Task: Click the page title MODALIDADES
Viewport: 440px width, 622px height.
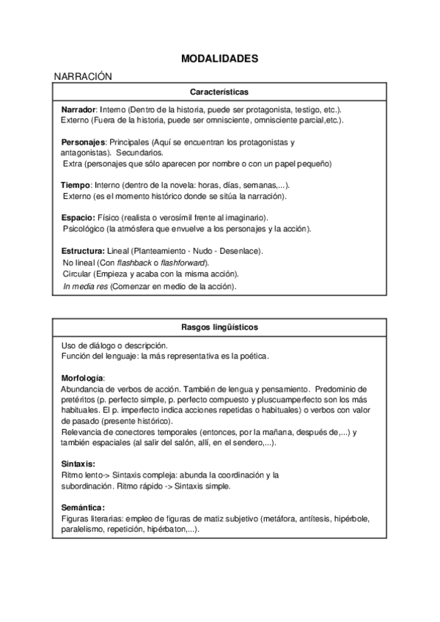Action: [x=219, y=59]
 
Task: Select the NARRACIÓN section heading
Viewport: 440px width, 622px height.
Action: [x=82, y=76]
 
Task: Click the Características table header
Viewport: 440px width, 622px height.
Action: [x=219, y=92]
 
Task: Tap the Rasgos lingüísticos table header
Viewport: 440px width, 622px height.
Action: [x=219, y=326]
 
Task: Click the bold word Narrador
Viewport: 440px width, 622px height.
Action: [x=78, y=109]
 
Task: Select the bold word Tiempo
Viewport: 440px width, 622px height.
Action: [x=76, y=186]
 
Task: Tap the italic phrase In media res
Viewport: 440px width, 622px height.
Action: [x=85, y=286]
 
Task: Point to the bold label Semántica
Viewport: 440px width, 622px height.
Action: [x=83, y=508]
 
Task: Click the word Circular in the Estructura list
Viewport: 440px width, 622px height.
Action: [x=77, y=274]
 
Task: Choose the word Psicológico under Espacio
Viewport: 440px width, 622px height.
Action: [x=85, y=229]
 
